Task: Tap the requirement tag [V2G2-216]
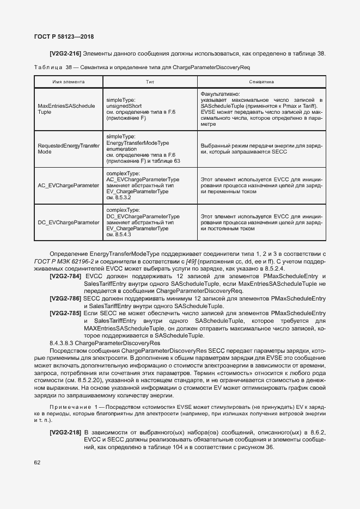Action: [x=65, y=54]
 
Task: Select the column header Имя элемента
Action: [x=68, y=82]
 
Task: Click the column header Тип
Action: [x=150, y=82]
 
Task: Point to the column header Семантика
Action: [x=261, y=82]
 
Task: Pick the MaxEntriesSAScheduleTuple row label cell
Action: [x=66, y=108]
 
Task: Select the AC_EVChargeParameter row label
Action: [x=68, y=186]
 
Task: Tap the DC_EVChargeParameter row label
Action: [x=68, y=222]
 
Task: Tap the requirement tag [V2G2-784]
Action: [x=65, y=277]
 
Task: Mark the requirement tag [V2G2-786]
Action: [x=65, y=299]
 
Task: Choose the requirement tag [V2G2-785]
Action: [x=65, y=314]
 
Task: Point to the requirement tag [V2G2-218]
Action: [x=65, y=432]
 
